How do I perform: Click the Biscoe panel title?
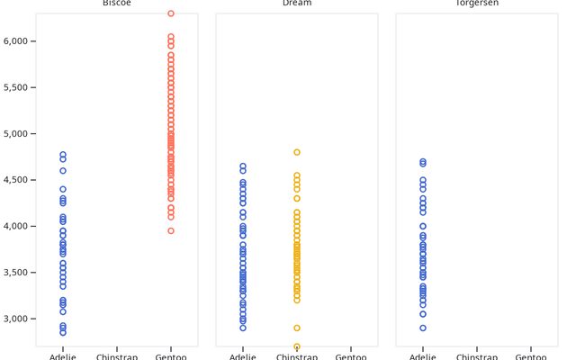pyautogui.click(x=117, y=4)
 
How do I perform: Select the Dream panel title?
pyautogui.click(x=297, y=4)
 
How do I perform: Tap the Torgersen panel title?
pyautogui.click(x=477, y=4)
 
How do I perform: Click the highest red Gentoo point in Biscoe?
pyautogui.click(x=171, y=13)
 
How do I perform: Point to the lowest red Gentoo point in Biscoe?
pyautogui.click(x=171, y=230)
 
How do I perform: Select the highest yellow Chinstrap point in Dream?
pyautogui.click(x=297, y=152)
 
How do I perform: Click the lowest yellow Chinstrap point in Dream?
pyautogui.click(x=297, y=346)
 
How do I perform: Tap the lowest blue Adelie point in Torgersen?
pyautogui.click(x=423, y=328)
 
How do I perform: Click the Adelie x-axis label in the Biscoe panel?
pyautogui.click(x=63, y=356)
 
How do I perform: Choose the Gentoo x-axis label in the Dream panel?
pyautogui.click(x=351, y=356)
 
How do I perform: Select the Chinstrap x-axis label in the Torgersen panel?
pyautogui.click(x=477, y=356)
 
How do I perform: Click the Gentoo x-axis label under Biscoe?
pyautogui.click(x=171, y=356)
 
